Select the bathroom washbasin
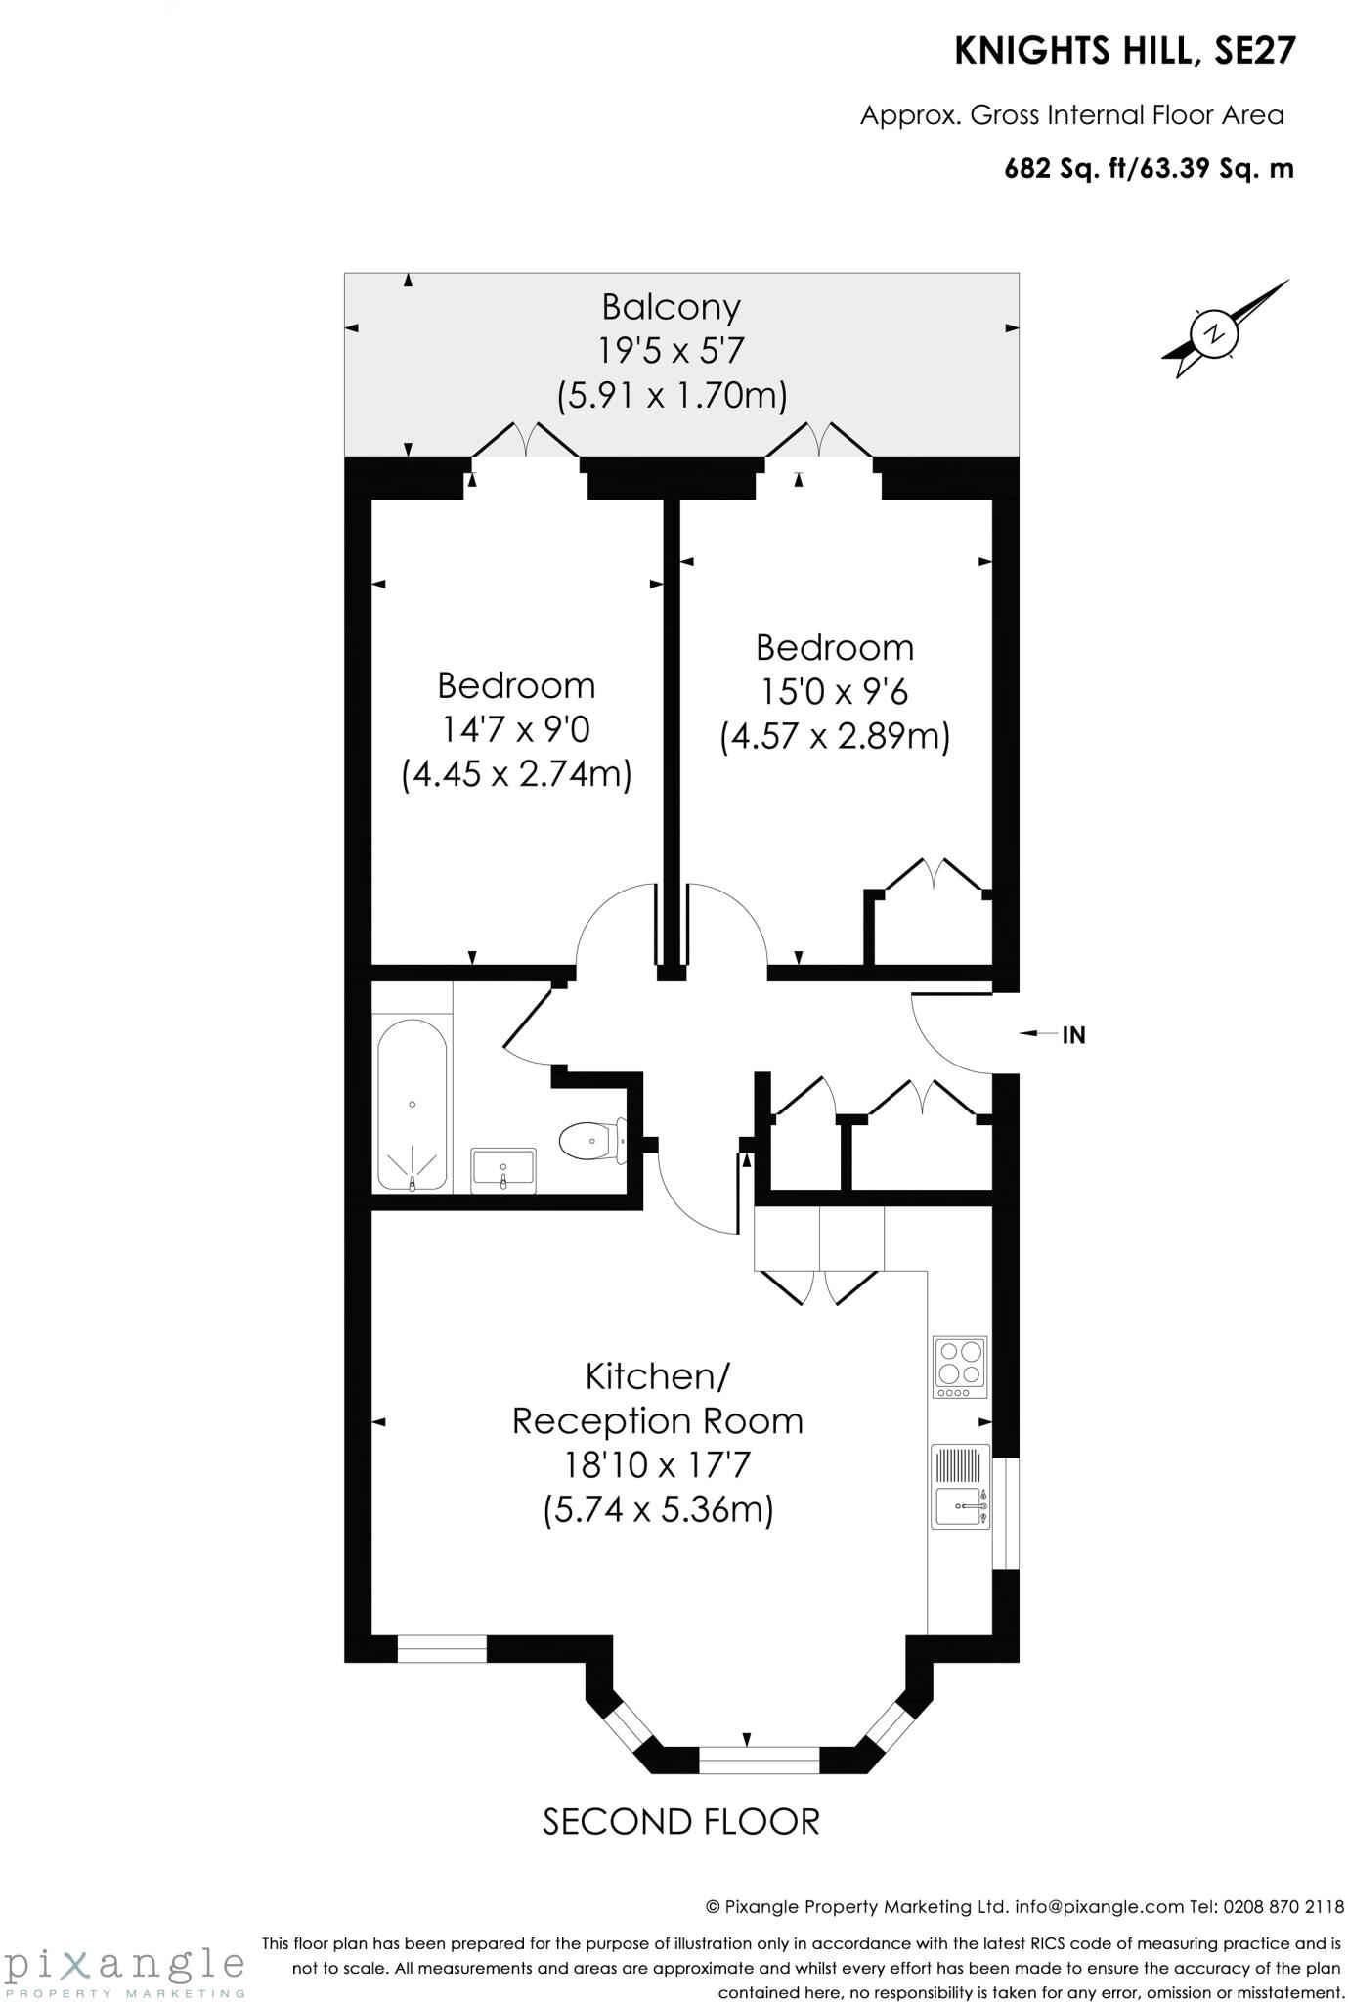click(503, 1169)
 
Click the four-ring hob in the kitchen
click(959, 1366)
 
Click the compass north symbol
click(1215, 332)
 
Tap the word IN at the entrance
click(1073, 1035)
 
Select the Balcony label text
click(671, 307)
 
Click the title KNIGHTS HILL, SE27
click(1125, 52)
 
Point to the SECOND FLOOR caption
click(680, 1822)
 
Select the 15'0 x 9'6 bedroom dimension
click(834, 692)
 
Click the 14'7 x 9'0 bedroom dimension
click(516, 729)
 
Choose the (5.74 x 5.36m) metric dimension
click(658, 1510)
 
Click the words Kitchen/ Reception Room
click(658, 1399)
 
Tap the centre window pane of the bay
click(759, 1760)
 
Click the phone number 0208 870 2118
click(1281, 1906)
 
